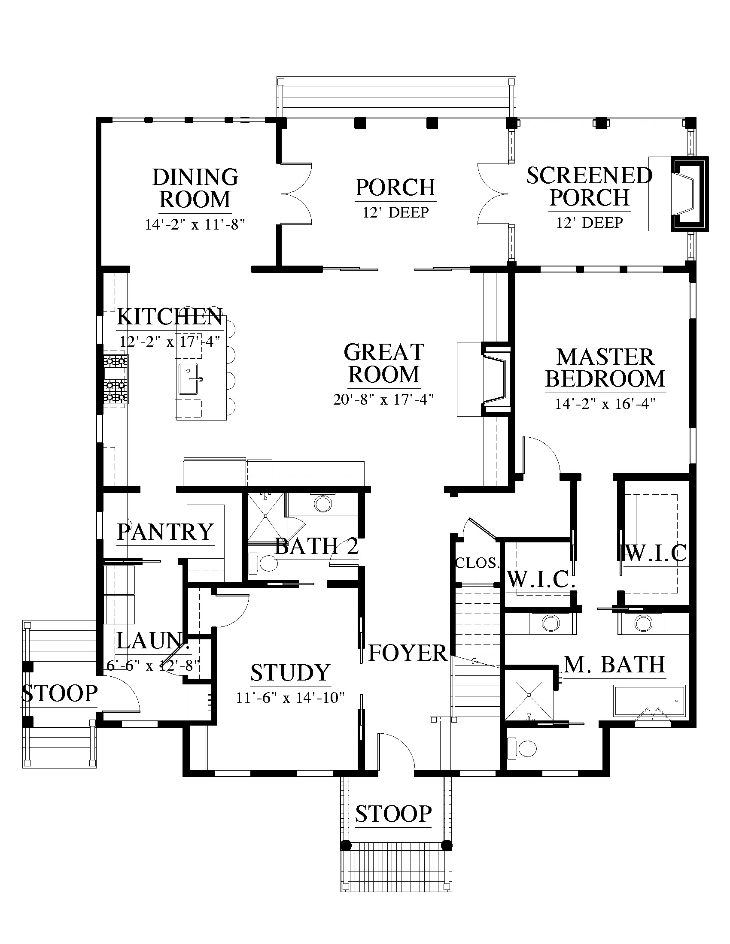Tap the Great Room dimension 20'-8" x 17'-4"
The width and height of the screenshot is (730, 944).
383,399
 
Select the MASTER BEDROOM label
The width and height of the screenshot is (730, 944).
605,368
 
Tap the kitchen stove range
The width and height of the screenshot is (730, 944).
116,379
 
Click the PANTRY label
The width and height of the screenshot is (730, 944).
166,532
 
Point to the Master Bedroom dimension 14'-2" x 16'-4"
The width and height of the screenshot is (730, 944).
605,404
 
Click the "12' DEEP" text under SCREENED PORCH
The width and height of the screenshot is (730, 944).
590,223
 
